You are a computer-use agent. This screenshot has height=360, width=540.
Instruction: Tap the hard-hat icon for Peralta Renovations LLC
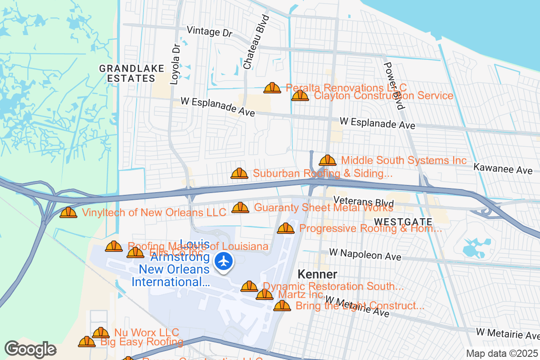272,88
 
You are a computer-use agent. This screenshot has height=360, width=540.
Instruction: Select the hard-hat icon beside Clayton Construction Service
300,96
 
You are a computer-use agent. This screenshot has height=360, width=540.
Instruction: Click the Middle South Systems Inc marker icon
328,161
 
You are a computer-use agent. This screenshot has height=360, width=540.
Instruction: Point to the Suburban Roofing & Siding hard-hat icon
239,174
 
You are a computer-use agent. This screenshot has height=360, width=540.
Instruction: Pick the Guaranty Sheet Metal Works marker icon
240,208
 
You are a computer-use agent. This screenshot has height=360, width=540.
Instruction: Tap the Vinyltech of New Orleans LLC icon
68,212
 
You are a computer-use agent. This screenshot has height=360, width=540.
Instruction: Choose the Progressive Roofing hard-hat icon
286,229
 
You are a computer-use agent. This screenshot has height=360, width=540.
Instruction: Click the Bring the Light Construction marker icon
282,306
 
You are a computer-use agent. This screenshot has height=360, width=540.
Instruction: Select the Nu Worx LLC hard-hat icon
101,333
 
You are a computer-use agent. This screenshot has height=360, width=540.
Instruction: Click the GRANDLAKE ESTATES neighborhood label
127,73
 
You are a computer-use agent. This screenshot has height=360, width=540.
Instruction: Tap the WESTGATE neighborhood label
403,222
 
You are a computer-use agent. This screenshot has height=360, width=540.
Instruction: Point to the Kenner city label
317,274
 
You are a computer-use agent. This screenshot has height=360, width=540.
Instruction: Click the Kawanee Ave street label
503,169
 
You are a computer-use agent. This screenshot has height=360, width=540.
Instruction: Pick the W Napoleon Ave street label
365,254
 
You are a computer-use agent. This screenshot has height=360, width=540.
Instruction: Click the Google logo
30,349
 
